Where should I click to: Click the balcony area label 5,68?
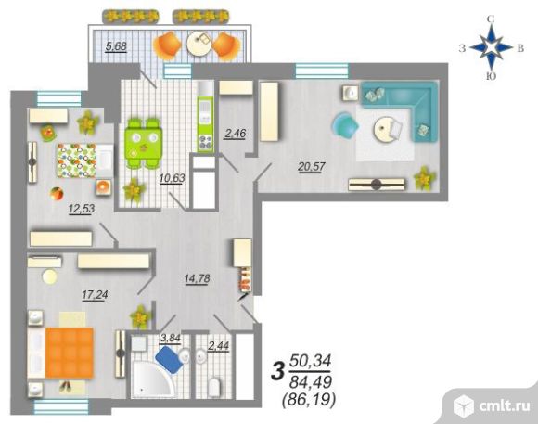(x=116, y=46)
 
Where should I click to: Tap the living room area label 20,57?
(x=312, y=167)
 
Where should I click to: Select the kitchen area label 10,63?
(x=173, y=178)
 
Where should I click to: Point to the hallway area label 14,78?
(x=197, y=278)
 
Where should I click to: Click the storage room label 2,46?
(x=236, y=134)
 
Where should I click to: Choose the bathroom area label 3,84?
(x=171, y=339)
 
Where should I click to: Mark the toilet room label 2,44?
(x=219, y=346)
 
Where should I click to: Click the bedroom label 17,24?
(x=95, y=294)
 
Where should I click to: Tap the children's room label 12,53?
(x=82, y=209)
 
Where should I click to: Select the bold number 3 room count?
(x=278, y=372)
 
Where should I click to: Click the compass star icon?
(x=491, y=47)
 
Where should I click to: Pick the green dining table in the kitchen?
(x=144, y=143)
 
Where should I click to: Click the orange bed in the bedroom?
(x=70, y=353)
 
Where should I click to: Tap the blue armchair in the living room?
(x=344, y=124)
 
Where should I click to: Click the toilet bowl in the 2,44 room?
(x=213, y=387)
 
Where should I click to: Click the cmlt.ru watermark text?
(x=505, y=406)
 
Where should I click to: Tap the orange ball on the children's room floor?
(x=57, y=194)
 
